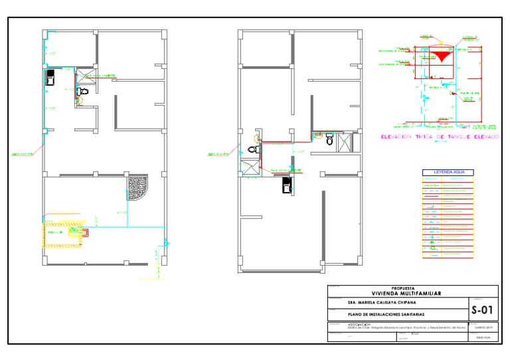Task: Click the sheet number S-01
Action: tap(483, 310)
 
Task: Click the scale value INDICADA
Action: tap(483, 337)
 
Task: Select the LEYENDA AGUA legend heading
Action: tap(449, 172)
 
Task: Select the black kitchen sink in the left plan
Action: tap(50, 78)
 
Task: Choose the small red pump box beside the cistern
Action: tap(85, 232)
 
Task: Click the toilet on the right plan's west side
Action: tap(252, 150)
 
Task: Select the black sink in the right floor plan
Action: tap(287, 188)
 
